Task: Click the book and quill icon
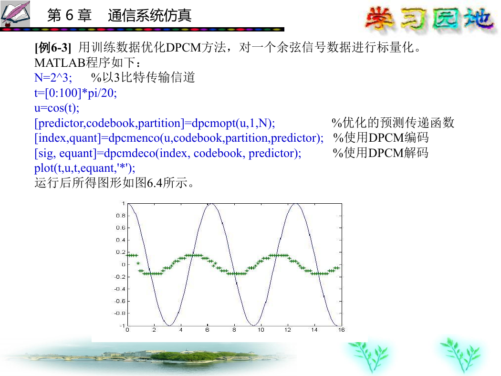pyautogui.click(x=15, y=14)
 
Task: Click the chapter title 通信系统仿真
pyautogui.click(x=149, y=15)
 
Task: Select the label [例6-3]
pyautogui.click(x=52, y=48)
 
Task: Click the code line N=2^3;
pyautogui.click(x=53, y=77)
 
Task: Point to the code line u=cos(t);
pyautogui.click(x=57, y=108)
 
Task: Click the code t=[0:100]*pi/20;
pyautogui.click(x=76, y=93)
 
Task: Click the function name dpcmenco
pyautogui.click(x=134, y=138)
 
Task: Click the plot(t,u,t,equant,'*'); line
pyautogui.click(x=84, y=168)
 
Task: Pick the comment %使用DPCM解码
pyautogui.click(x=381, y=153)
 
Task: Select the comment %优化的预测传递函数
pyautogui.click(x=393, y=123)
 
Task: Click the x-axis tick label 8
pyautogui.click(x=234, y=330)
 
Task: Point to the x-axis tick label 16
pyautogui.click(x=341, y=330)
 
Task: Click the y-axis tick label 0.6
pyautogui.click(x=121, y=228)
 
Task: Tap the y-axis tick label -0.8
pyautogui.click(x=120, y=313)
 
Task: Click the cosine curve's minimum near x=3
pyautogui.click(x=169, y=325)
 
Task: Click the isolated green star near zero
pyautogui.click(x=138, y=263)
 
